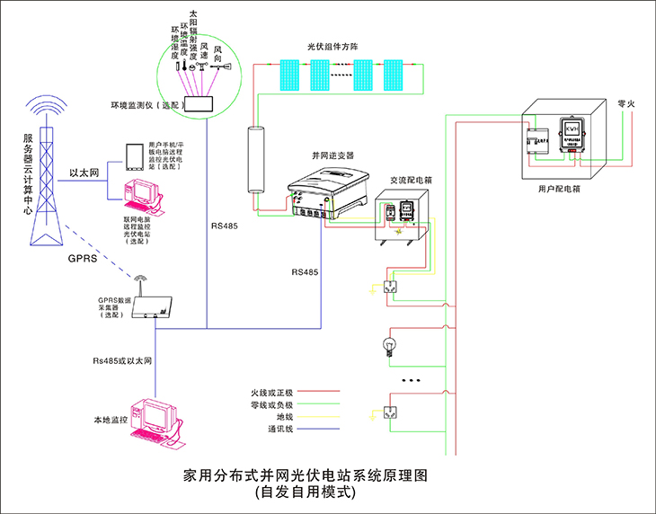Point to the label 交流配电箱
pos(411,180)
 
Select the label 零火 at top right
pos(626,105)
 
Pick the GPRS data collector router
pos(150,306)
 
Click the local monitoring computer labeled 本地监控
pos(154,421)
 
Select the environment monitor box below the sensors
pos(199,104)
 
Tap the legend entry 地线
pos(283,417)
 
